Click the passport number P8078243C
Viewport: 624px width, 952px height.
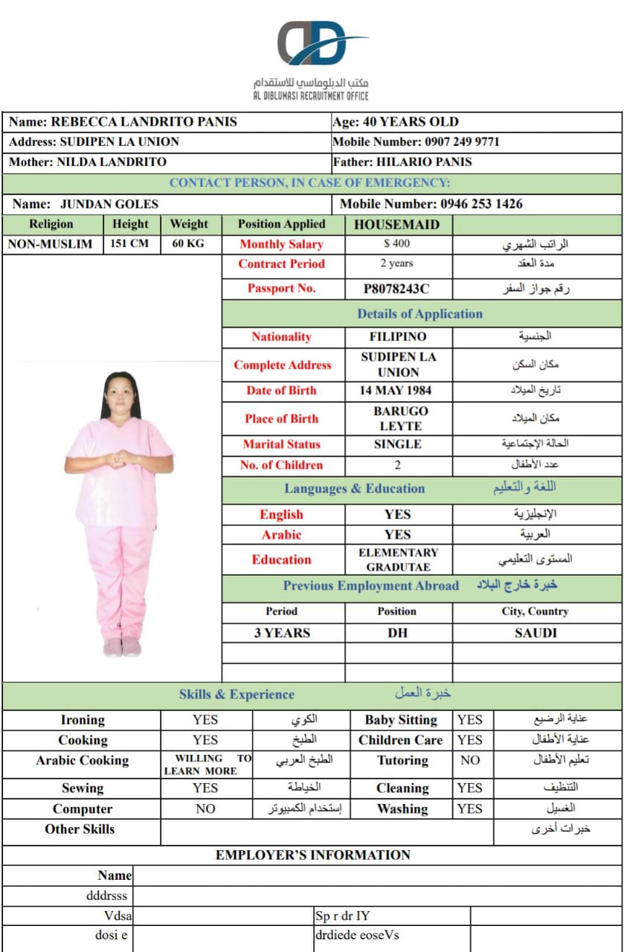click(397, 289)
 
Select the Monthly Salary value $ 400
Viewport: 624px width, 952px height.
click(397, 244)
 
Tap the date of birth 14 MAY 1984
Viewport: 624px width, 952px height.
click(398, 390)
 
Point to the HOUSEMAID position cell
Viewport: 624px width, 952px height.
click(396, 225)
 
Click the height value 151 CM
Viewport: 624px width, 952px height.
click(130, 244)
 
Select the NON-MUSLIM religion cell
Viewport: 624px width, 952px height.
click(51, 244)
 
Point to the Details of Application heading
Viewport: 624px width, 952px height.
click(420, 314)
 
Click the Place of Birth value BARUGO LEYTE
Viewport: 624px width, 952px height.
click(398, 419)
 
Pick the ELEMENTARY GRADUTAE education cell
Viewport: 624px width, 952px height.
click(398, 560)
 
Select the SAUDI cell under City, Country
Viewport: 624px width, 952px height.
click(535, 634)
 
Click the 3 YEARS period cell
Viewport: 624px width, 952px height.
click(281, 634)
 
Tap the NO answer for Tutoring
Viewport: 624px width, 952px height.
click(469, 761)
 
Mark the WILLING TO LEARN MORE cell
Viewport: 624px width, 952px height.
click(207, 765)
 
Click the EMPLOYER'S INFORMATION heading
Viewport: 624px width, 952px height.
click(312, 855)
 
